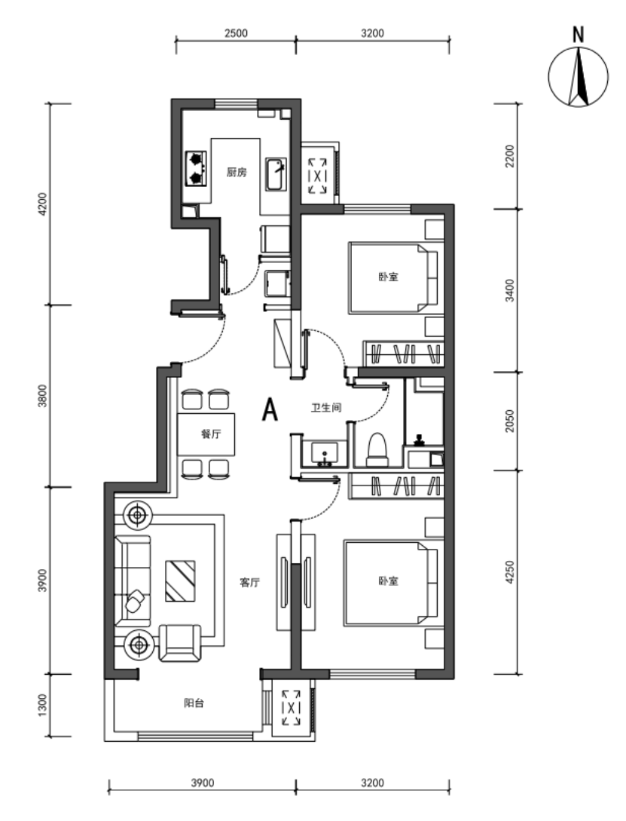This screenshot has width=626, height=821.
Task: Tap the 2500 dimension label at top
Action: point(236,33)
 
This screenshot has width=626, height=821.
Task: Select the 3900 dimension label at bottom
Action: point(202,783)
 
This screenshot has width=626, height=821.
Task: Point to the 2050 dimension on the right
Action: point(510,421)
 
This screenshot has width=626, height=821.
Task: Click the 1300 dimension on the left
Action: point(42,705)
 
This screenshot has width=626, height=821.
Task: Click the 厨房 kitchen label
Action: point(237,172)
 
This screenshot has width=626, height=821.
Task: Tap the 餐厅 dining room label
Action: point(211,434)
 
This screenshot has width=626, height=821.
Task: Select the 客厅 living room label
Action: point(249,582)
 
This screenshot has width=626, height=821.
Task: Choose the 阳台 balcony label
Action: point(194,703)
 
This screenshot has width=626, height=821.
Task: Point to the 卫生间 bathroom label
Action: point(326,407)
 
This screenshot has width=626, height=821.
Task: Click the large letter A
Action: point(270,409)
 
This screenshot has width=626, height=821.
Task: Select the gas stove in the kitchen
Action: point(196,169)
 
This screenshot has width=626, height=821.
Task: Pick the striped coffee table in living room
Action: point(181,581)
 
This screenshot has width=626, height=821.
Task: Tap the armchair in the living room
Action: point(180,643)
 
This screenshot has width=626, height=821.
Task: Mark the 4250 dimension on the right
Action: point(510,572)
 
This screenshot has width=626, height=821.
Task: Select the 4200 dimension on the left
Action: point(42,204)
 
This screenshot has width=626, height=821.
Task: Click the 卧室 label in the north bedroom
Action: point(389,277)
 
